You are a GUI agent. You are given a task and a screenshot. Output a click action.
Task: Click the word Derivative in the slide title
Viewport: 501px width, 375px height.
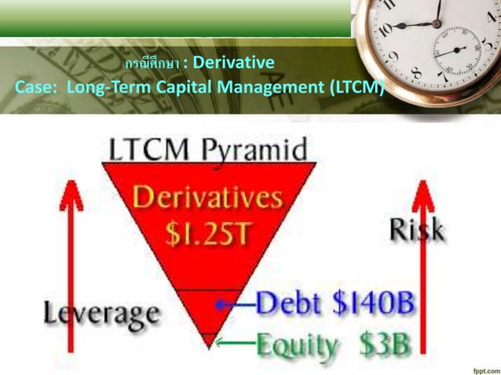[x=232, y=61]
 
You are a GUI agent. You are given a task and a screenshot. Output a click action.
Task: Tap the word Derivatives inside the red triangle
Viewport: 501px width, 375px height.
[x=208, y=196]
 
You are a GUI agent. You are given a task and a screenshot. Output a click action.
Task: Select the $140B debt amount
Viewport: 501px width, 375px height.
[x=375, y=302]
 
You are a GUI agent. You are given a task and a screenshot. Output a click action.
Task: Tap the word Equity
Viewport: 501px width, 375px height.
[x=294, y=344]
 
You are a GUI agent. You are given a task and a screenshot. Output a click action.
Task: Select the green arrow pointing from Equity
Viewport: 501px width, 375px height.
[x=235, y=341]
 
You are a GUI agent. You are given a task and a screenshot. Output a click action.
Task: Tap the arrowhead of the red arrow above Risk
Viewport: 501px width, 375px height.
[x=425, y=192]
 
